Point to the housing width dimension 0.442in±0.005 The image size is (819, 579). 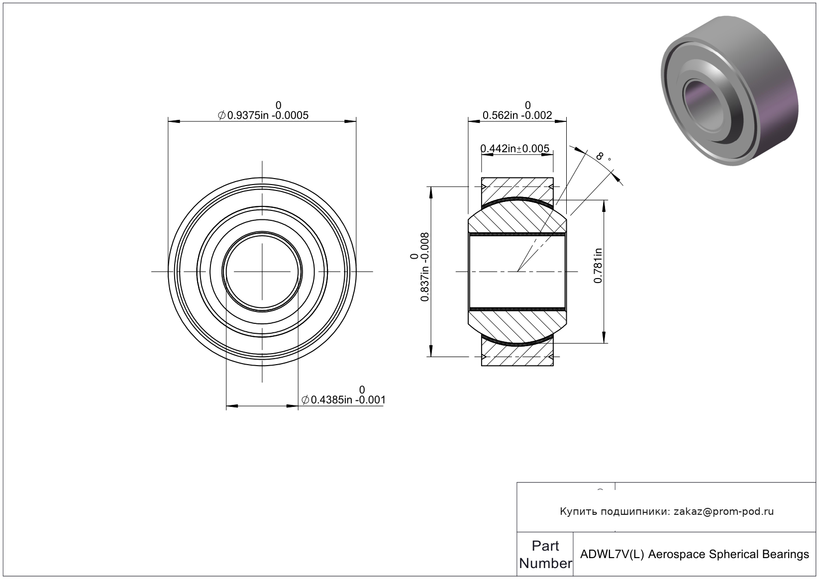[x=514, y=148]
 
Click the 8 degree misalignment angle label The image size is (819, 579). [x=603, y=157]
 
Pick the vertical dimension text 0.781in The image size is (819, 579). [x=598, y=266]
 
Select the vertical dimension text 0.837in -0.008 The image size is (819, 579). [x=420, y=267]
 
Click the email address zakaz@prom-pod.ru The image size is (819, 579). [x=723, y=511]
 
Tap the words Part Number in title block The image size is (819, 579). [x=545, y=555]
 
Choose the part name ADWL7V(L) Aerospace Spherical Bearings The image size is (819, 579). [x=694, y=555]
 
